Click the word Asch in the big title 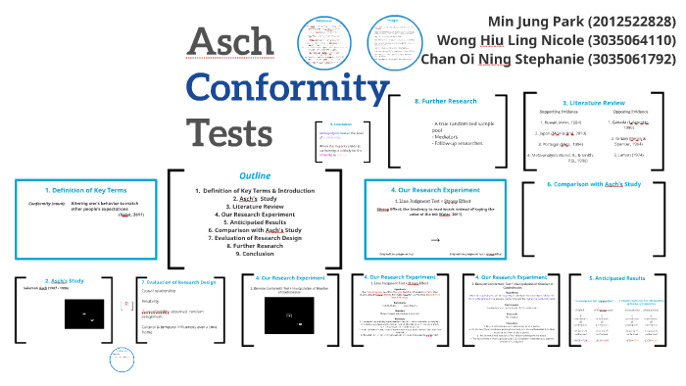231,41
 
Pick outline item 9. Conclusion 255,253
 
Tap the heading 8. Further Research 448,101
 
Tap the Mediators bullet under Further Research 447,135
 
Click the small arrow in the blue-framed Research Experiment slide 435,238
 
